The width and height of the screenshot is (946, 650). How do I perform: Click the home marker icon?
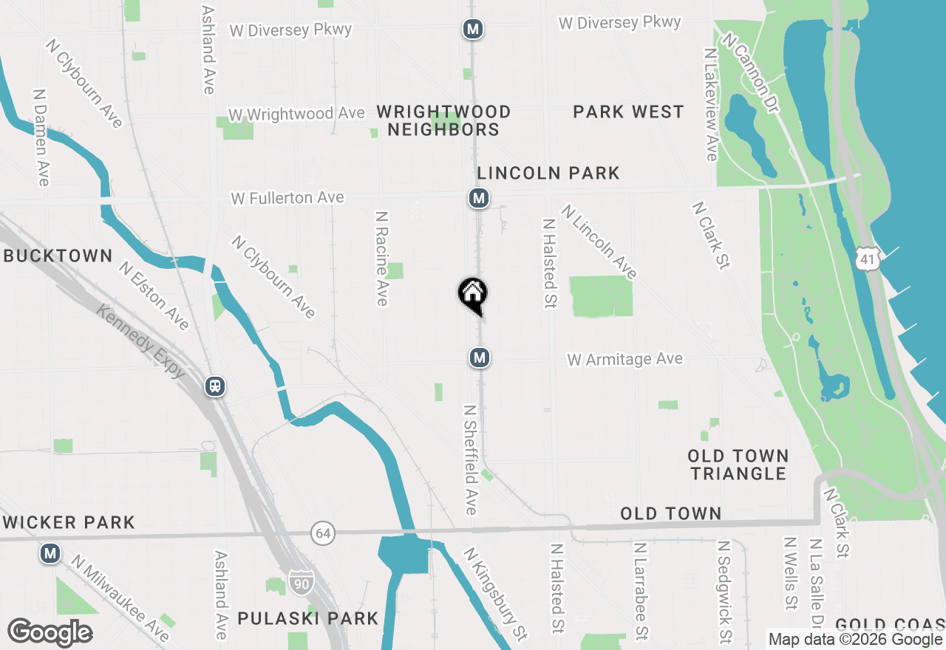[x=472, y=295]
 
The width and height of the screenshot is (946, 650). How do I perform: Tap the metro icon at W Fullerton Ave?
[x=479, y=198]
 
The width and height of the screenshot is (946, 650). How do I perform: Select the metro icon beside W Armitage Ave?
[x=480, y=358]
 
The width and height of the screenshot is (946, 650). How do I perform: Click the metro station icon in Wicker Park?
[x=50, y=552]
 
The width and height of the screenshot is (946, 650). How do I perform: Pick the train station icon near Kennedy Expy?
[x=215, y=386]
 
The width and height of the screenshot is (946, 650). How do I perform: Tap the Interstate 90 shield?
[x=301, y=582]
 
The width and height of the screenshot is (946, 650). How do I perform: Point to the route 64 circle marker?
[x=322, y=533]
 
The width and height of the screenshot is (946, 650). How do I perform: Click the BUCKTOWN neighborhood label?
[x=57, y=256]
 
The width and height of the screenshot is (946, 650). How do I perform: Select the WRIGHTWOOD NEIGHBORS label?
[x=443, y=120]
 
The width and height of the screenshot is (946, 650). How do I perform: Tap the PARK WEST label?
[x=628, y=112]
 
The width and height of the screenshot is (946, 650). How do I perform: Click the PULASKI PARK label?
[x=307, y=618]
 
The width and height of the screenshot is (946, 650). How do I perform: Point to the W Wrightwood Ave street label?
[x=296, y=114]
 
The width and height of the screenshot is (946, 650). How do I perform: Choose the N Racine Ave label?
[x=382, y=259]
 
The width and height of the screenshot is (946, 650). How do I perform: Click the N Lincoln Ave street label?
[x=599, y=242]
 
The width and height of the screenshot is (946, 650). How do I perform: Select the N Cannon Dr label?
[x=752, y=73]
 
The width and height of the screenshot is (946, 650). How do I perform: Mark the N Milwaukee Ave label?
[x=120, y=598]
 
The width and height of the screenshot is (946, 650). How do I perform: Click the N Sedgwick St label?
[x=724, y=591]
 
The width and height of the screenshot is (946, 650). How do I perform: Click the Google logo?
[x=50, y=632]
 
